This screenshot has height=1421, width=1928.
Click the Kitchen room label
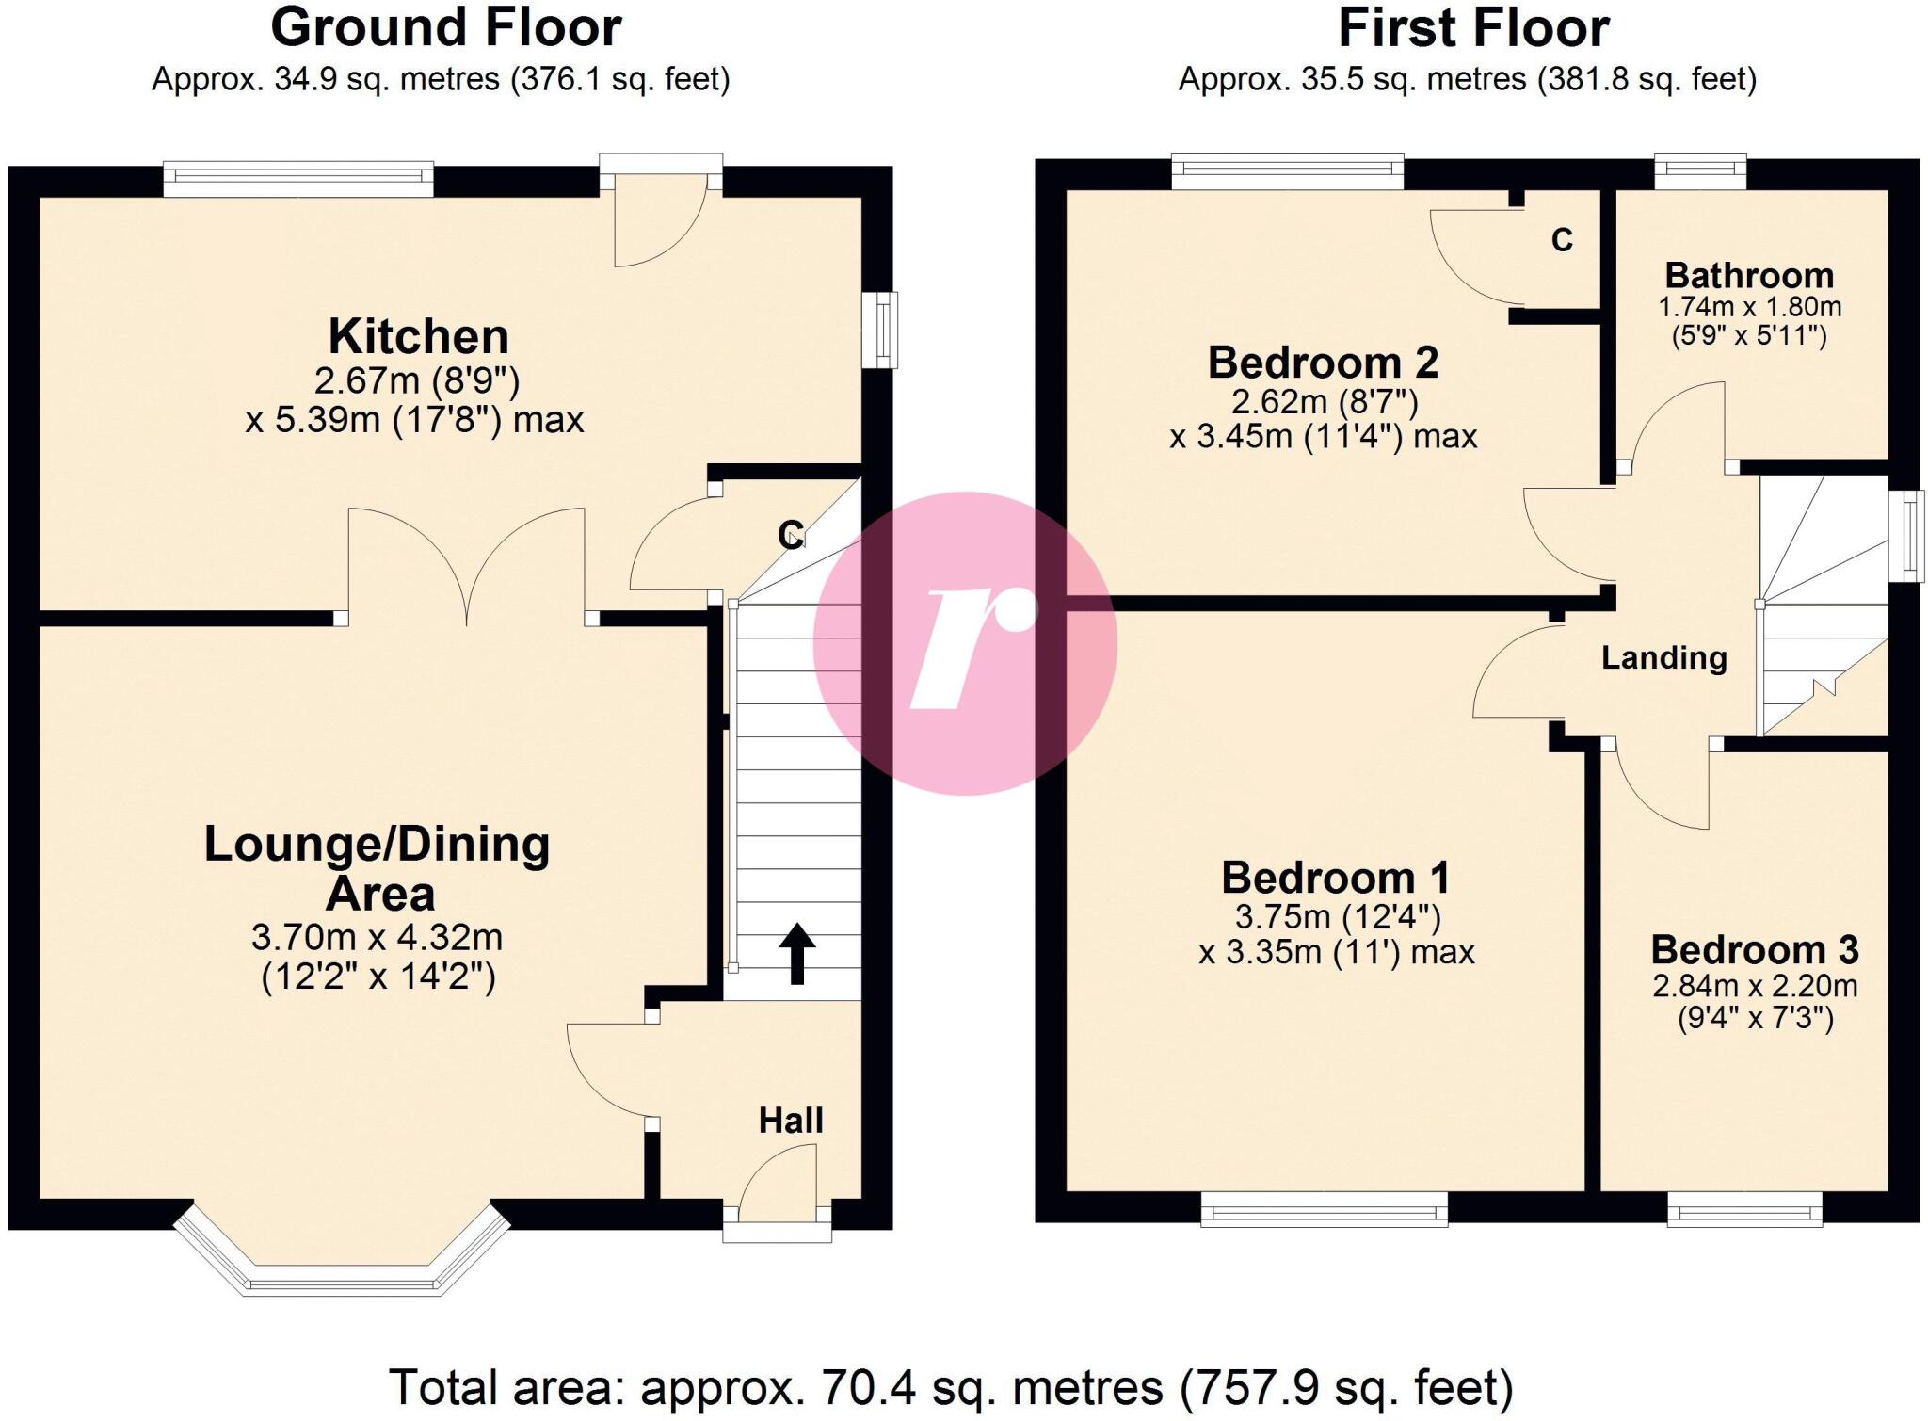point(418,337)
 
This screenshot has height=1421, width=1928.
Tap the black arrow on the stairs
point(796,953)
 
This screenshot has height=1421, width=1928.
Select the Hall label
point(791,1121)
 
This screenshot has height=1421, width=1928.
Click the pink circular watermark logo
point(965,643)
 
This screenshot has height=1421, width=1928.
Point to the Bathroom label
point(1749,276)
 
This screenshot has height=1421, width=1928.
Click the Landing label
point(1663,657)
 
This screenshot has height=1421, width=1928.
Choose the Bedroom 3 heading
point(1754,949)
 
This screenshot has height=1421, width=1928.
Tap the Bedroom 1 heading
point(1335,878)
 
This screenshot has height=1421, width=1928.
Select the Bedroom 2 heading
point(1323,363)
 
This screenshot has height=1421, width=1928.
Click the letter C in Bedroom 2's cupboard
point(1562,241)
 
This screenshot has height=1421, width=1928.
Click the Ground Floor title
point(445,28)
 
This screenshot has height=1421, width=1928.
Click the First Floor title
point(1472,28)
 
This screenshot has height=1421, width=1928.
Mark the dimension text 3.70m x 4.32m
point(377,938)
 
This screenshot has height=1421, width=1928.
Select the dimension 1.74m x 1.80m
point(1749,307)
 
